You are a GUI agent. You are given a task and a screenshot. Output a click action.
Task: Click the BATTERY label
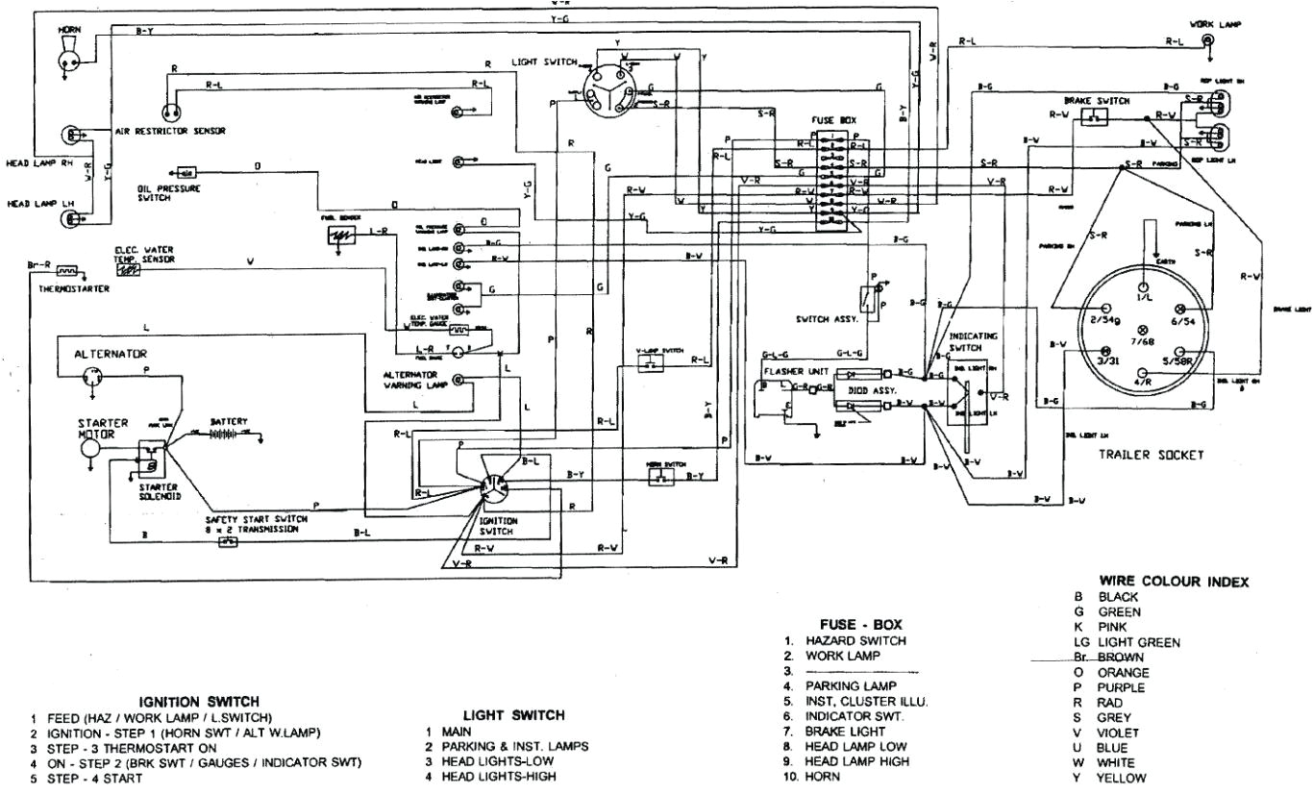tap(230, 421)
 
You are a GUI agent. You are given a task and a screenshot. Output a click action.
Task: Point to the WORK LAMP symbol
tap(1207, 40)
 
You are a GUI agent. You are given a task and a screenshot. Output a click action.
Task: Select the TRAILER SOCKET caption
tap(1152, 456)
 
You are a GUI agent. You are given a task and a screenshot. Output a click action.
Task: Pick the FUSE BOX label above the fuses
tap(833, 119)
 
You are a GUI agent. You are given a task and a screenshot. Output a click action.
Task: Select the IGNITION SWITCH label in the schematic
tap(497, 525)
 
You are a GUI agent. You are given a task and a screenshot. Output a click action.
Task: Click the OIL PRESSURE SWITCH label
tap(168, 193)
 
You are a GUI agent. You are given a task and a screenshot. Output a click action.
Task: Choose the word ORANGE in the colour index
tap(1119, 672)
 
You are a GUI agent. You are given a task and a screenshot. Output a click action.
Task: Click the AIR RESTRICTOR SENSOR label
tap(170, 133)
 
